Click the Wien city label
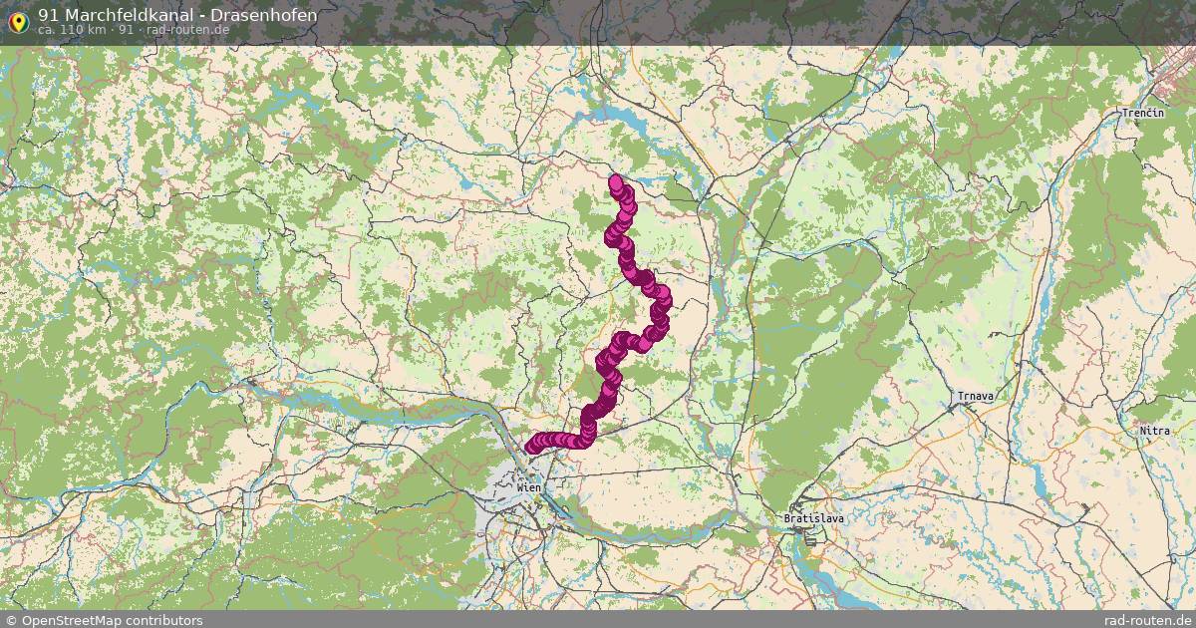coord(529,487)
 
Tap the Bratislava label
coord(807,519)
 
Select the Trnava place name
coord(971,397)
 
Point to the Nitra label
coord(1156,431)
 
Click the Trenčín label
coord(1143,114)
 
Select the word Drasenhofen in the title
coord(264,15)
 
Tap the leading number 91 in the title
coord(49,15)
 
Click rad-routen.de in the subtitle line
coord(187,30)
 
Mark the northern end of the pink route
coord(616,181)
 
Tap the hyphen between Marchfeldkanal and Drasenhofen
coord(203,15)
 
